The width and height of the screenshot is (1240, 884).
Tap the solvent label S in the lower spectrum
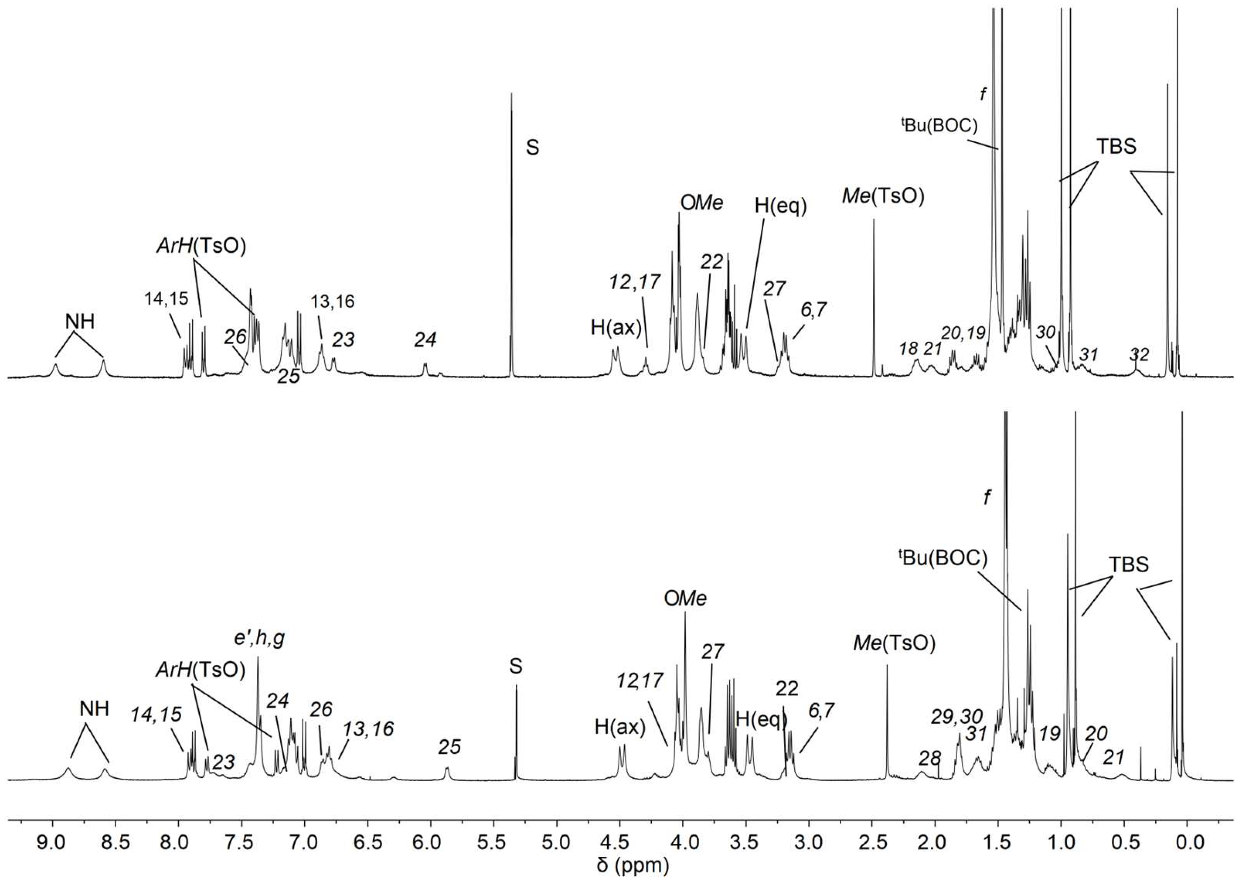[x=515, y=666]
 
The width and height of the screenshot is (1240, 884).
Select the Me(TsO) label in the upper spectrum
[x=883, y=196]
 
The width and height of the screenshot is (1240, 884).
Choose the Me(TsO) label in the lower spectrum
[x=894, y=643]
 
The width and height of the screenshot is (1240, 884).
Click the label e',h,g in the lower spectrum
[x=259, y=639]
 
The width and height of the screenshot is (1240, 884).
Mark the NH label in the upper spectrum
[x=80, y=322]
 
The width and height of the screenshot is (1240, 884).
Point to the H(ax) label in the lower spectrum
[x=620, y=727]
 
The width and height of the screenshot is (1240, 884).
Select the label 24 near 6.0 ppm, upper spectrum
[x=425, y=340]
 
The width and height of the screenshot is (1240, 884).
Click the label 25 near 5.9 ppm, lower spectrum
[x=449, y=747]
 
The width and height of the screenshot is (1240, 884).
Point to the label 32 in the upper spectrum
[x=1139, y=355]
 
